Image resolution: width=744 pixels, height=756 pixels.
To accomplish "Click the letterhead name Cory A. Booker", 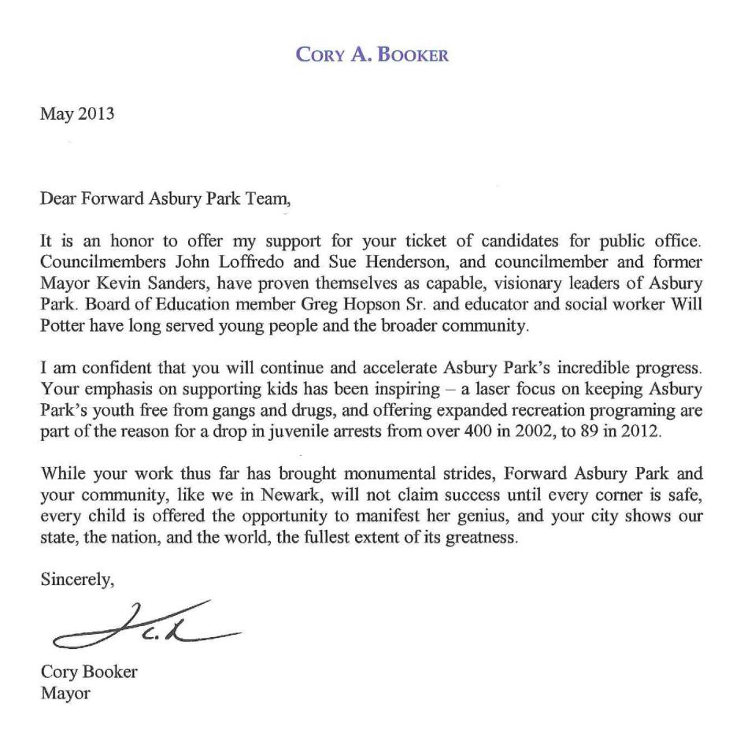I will pos(372,56).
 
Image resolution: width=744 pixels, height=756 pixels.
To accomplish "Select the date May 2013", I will pos(77,114).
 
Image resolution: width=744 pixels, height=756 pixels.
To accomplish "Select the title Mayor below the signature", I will pos(65,695).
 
